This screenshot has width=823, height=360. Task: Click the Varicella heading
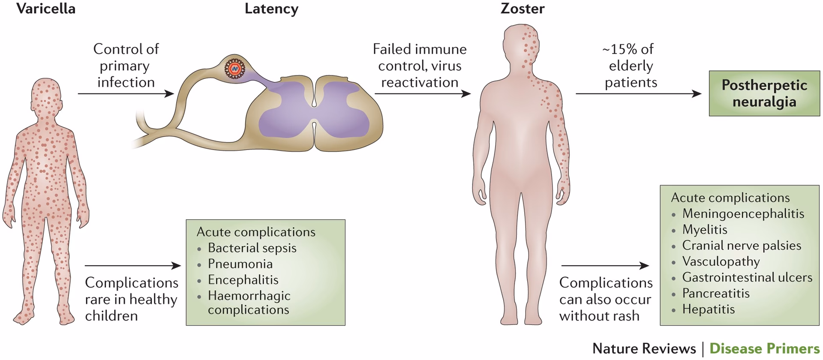click(x=46, y=9)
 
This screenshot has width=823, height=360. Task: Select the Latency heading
click(x=271, y=9)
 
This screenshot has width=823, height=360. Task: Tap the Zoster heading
click(x=523, y=9)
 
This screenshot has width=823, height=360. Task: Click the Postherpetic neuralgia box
click(x=764, y=93)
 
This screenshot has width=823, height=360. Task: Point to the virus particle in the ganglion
click(x=234, y=69)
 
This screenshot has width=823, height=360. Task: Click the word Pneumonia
click(x=240, y=264)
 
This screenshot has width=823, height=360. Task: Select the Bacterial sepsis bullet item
click(x=252, y=248)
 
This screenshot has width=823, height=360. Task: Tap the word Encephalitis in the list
click(x=243, y=280)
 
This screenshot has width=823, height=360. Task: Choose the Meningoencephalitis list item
click(x=743, y=213)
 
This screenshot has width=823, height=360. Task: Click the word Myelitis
click(x=705, y=230)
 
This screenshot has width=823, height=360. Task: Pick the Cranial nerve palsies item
click(x=742, y=246)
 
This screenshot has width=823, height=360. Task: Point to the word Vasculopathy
click(x=721, y=261)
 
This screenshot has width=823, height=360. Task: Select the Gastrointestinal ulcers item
click(x=747, y=277)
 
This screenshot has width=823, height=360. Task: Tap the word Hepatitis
click(x=709, y=309)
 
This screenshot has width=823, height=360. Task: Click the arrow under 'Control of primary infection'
click(x=126, y=93)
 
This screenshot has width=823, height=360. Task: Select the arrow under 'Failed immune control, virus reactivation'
click(x=423, y=93)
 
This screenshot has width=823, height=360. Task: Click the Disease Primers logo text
click(x=764, y=348)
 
